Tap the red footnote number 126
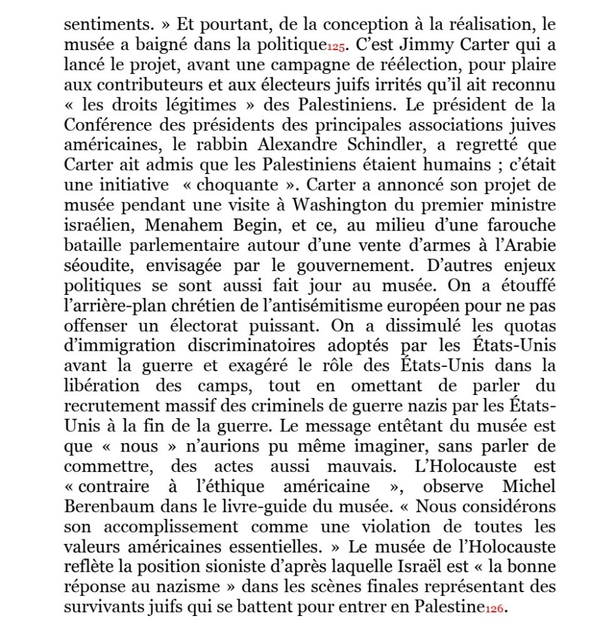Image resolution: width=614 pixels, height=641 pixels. (x=494, y=607)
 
